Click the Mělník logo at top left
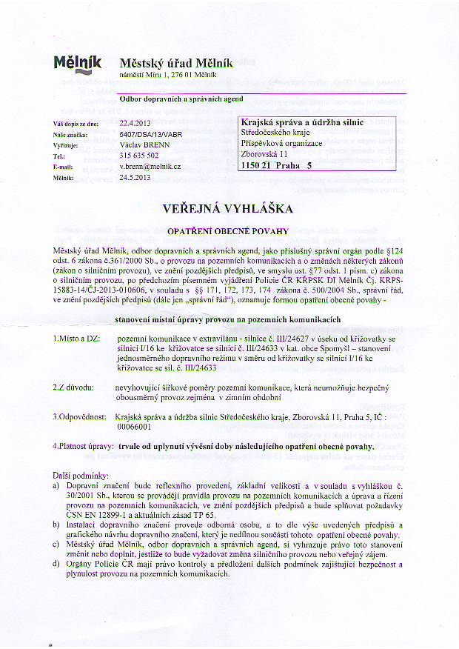tap(78, 64)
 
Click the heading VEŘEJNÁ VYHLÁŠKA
tap(229, 210)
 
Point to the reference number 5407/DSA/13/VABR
tap(152, 134)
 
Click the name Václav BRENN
tap(143, 144)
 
